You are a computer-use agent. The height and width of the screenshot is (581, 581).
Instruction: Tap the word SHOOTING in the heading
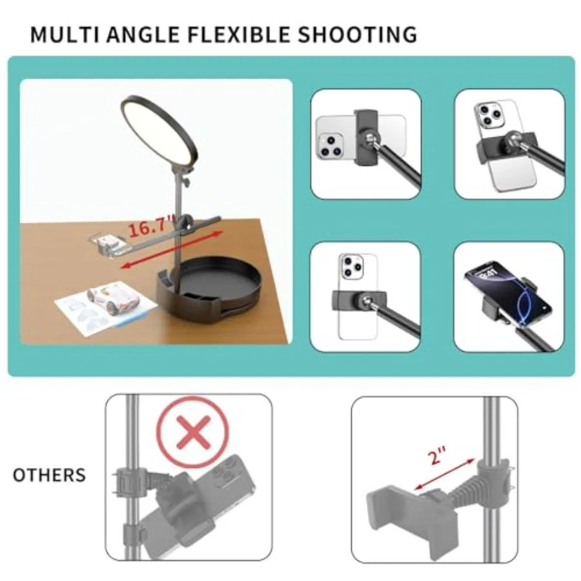pos(358,34)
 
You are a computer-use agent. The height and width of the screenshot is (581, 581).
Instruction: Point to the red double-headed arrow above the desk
pos(172,250)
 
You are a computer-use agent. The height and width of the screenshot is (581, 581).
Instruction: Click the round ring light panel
pos(159,134)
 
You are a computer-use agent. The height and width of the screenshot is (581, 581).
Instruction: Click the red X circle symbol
pos(192,432)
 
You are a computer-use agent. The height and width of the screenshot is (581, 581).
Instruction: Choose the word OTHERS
pos(49,475)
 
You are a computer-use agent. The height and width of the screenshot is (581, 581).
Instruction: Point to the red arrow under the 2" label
pos(444,474)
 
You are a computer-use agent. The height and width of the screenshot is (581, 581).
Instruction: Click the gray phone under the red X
pos(200,504)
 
